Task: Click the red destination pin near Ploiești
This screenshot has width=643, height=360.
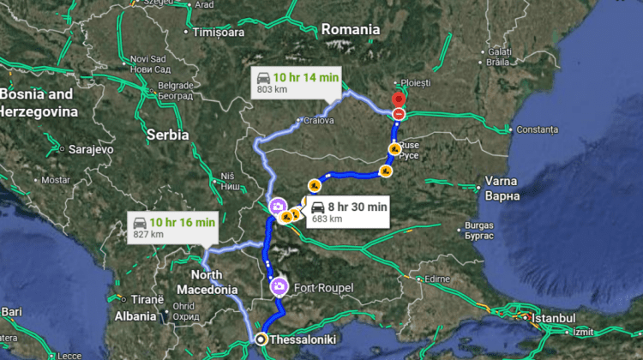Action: click(398, 99)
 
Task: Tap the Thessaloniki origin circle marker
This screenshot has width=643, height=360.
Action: click(261, 340)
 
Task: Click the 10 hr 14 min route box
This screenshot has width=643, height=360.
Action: click(296, 83)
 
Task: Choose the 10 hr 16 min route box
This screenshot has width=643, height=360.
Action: click(171, 228)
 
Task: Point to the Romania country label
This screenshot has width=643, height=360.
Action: click(350, 29)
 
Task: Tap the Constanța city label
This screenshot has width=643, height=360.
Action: click(536, 129)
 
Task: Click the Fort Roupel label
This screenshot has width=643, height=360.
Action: click(322, 287)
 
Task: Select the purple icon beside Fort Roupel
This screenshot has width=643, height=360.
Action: click(279, 286)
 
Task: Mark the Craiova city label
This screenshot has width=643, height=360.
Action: click(318, 121)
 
